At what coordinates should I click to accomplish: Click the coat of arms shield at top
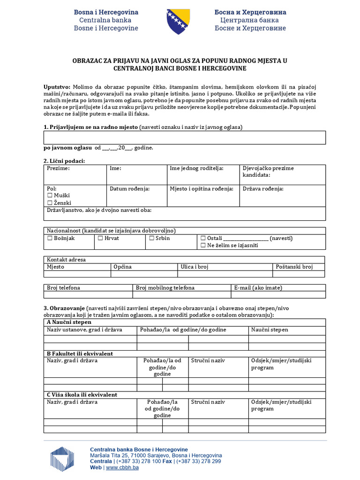click(178, 21)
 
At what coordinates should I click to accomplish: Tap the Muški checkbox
click(50, 195)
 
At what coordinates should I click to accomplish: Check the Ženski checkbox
click(50, 203)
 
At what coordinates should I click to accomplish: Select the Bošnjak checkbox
click(50, 238)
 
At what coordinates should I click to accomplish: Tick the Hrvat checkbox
click(100, 238)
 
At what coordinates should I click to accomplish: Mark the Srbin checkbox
click(152, 238)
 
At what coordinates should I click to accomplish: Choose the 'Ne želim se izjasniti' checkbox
click(203, 245)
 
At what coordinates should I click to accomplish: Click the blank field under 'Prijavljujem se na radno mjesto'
click(185, 137)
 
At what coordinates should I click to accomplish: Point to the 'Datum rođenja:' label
click(129, 189)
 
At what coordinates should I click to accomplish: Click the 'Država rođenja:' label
click(263, 189)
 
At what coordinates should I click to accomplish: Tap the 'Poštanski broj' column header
click(294, 267)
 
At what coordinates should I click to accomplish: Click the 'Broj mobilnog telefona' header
click(165, 288)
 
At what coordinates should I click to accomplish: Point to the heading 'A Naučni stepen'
click(69, 322)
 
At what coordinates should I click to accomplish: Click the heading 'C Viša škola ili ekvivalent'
click(82, 395)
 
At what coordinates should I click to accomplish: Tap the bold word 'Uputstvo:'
click(57, 87)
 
